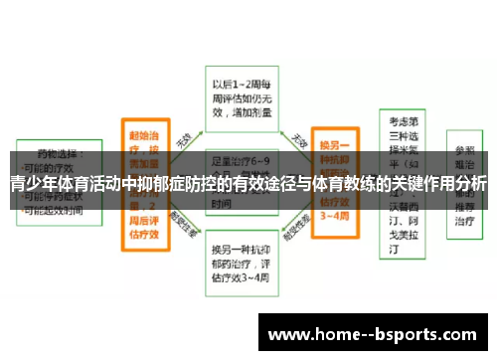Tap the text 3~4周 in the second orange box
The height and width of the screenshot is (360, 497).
pyautogui.click(x=335, y=215)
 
